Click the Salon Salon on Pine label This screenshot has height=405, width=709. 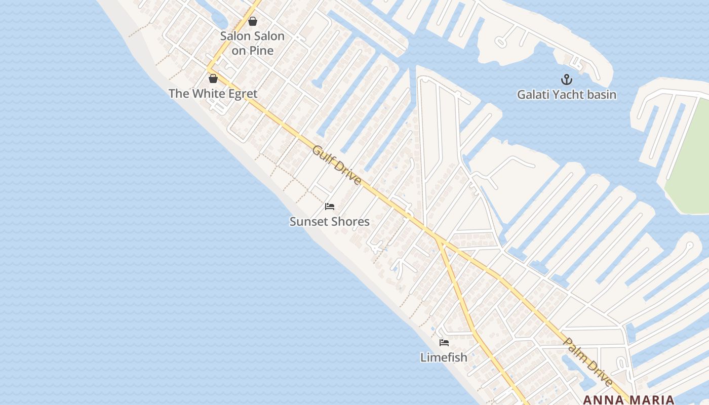pos(252,43)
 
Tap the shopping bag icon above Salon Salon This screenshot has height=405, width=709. pos(253,21)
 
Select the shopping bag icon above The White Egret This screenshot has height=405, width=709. pos(213,78)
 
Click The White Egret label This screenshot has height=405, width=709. pos(213,94)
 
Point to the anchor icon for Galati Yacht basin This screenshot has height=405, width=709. pos(566,79)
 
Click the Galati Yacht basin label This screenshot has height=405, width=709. pos(566,95)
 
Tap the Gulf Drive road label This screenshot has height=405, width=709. pos(337,165)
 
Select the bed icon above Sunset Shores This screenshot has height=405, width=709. pos(330,207)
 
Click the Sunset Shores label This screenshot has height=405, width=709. pos(330,222)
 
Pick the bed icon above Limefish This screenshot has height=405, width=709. pos(444,343)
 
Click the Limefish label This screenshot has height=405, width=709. pos(444,357)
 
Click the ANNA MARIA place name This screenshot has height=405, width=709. pos(628,400)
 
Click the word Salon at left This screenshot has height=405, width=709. pos(235,36)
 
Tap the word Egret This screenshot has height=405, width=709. pos(241,94)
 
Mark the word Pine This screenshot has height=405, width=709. pos(262,51)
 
